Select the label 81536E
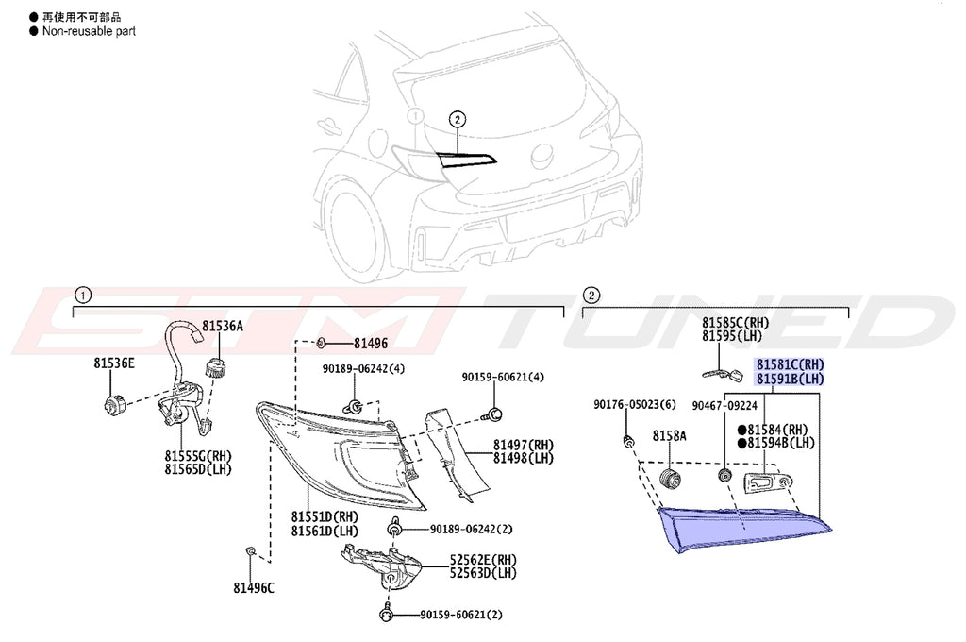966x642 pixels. click(x=113, y=363)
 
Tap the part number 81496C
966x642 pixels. click(x=254, y=588)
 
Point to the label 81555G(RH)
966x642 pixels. click(x=198, y=455)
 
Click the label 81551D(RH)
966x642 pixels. click(x=325, y=517)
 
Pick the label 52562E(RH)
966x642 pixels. click(x=483, y=559)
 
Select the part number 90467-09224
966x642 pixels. click(x=724, y=406)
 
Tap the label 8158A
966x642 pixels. click(x=670, y=435)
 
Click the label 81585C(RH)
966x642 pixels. click(x=735, y=323)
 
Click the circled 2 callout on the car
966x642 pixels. click(x=457, y=120)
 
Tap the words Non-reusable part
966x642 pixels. click(x=89, y=31)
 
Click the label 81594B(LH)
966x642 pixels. click(x=781, y=443)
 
